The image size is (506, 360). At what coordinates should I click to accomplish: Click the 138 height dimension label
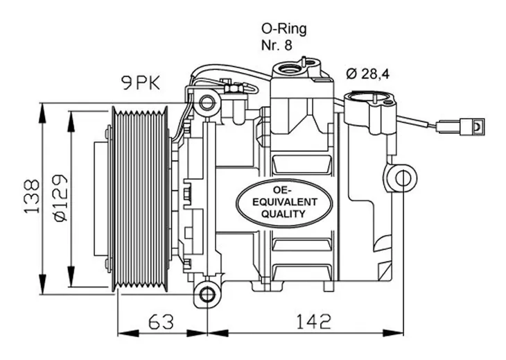tap(33, 196)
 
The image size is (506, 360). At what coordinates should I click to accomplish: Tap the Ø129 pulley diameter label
tap(61, 198)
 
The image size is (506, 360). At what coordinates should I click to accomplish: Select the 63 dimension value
tap(161, 321)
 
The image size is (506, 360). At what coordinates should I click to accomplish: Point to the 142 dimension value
tap(313, 321)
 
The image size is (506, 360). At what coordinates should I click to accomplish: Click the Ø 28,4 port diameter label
tap(368, 74)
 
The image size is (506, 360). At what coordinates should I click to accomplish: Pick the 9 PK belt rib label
tap(141, 84)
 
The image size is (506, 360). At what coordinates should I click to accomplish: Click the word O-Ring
tap(284, 29)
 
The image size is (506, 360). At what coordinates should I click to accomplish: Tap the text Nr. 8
tap(277, 45)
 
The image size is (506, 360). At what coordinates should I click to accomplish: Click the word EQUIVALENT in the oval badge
tap(285, 202)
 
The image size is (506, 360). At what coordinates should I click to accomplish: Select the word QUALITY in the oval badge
tap(283, 214)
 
